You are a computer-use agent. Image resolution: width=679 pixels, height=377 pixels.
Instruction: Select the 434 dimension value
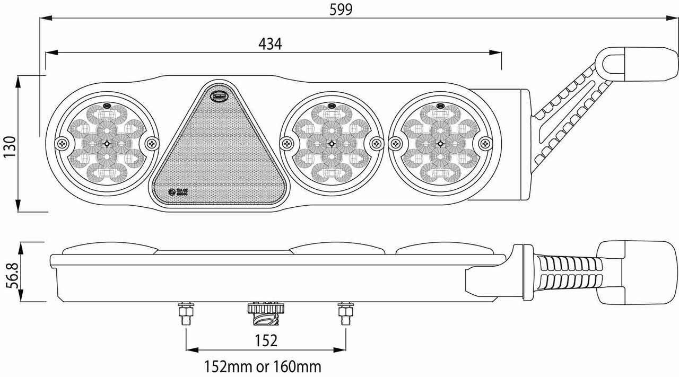(271, 45)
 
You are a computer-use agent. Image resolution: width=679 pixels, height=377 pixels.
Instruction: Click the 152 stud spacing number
(266, 340)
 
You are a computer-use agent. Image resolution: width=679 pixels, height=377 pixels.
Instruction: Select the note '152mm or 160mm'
(263, 366)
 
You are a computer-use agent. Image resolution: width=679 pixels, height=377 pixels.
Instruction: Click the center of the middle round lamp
(332, 143)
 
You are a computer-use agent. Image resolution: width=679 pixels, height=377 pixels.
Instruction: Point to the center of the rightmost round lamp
(440, 143)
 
